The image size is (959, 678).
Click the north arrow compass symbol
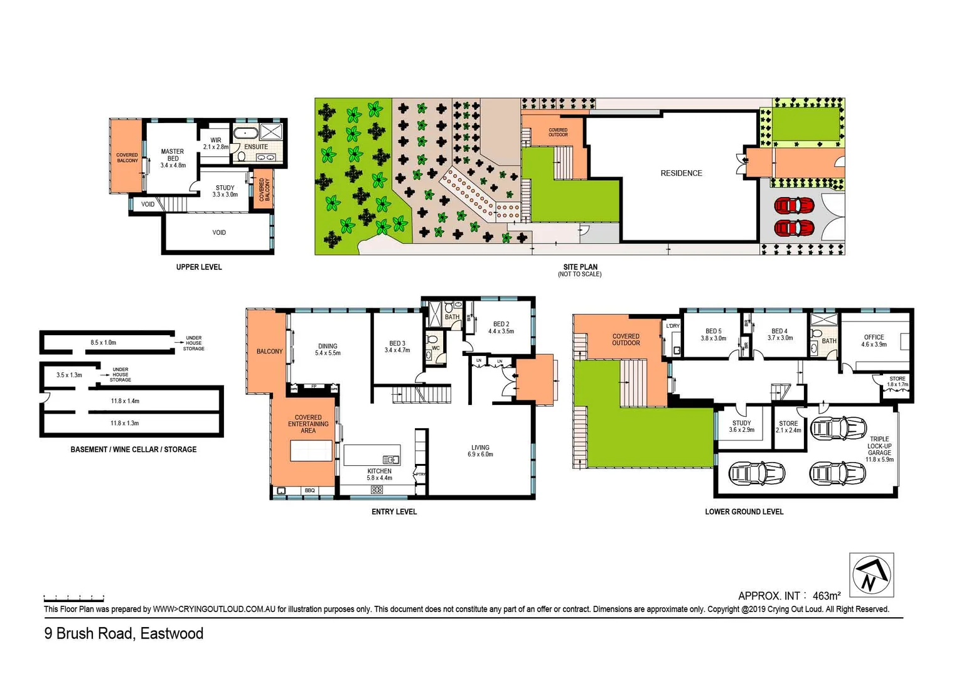871,574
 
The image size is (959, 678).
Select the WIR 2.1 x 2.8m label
216,144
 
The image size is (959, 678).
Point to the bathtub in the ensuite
245,133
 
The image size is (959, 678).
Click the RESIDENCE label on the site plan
681,173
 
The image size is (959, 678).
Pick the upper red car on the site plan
794,206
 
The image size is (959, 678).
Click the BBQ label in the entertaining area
309,490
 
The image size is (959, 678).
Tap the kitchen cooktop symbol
377,490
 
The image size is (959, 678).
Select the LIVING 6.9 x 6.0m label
480,451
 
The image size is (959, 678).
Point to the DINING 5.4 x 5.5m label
328,350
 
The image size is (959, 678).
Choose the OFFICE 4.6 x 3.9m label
874,340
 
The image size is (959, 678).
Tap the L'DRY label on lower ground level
672,326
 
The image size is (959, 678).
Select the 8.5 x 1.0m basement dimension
103,343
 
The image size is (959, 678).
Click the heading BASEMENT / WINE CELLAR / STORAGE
133,449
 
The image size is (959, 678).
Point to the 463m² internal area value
826,596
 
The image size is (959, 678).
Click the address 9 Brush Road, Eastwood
124,633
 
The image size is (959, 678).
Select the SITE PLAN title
580,267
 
